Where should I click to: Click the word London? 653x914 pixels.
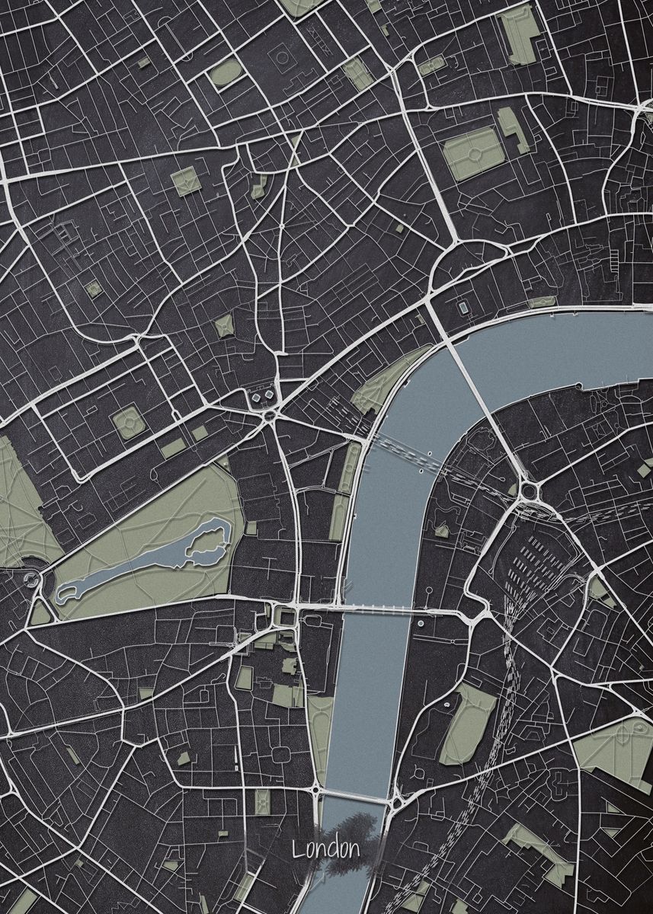click(325, 849)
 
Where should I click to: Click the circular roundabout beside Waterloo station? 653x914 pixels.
click(527, 492)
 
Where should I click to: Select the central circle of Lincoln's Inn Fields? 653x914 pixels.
click(475, 154)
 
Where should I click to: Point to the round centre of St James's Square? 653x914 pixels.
click(127, 421)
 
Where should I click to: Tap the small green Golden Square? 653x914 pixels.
click(93, 289)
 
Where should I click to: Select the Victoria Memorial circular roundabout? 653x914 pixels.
click(33, 580)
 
